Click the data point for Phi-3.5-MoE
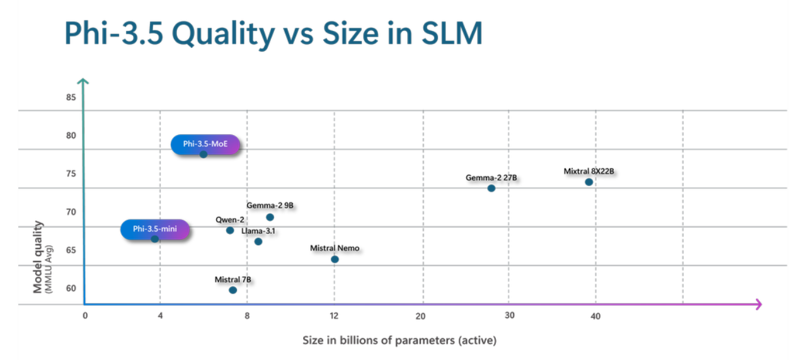pos(203,154)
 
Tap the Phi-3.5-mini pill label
pos(155,229)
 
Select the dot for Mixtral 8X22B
pos(589,182)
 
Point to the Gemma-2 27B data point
pos(491,189)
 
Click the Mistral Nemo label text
pos(335,248)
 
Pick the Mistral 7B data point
pos(233,290)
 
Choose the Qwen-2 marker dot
pos(230,230)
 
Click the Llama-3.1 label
pos(258,231)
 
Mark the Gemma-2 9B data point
pos(270,218)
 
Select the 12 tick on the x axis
pos(334,316)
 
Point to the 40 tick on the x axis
pos(595,316)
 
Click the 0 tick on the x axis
pos(85,316)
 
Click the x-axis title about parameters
pos(399,340)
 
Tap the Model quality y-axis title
pos(39,257)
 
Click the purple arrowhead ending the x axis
pos(758,305)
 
